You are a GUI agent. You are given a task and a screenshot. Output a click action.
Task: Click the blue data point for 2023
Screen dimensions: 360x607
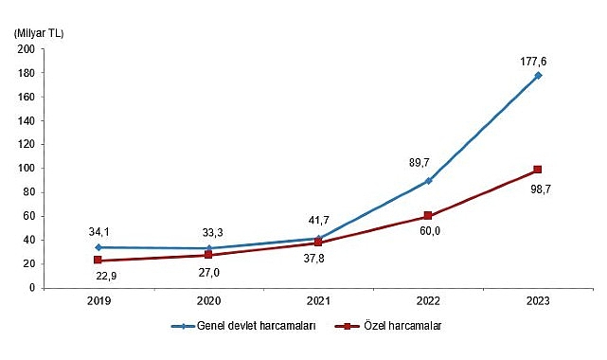click(x=538, y=76)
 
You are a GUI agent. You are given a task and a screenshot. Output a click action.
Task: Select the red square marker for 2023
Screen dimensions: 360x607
click(x=538, y=170)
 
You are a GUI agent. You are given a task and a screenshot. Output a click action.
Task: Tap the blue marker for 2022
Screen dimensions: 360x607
click(x=428, y=180)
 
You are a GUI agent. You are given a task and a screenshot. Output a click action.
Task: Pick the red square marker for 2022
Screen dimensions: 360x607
click(x=428, y=216)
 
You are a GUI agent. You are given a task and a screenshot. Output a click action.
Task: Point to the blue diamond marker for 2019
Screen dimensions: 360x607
click(x=98, y=247)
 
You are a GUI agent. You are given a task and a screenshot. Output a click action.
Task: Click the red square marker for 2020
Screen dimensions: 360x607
click(x=208, y=255)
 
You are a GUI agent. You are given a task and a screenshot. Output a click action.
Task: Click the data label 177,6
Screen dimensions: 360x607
click(x=533, y=62)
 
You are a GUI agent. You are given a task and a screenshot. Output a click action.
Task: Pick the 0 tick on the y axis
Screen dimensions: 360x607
click(x=32, y=287)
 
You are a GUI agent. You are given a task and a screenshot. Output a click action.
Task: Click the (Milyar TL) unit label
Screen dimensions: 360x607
click(x=38, y=33)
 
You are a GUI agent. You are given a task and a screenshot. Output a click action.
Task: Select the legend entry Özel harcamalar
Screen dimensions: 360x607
click(x=402, y=325)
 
